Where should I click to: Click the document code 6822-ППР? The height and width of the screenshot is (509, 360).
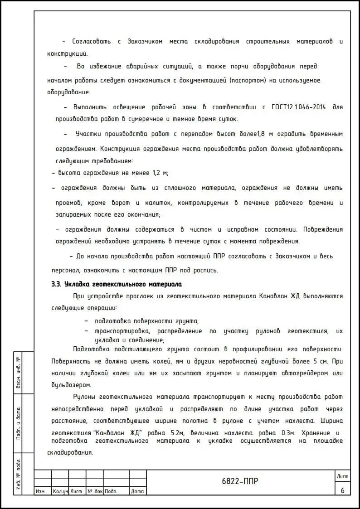click(x=240, y=481)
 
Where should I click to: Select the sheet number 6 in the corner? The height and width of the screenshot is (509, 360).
click(x=342, y=490)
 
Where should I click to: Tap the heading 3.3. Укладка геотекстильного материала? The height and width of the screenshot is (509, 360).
click(x=117, y=285)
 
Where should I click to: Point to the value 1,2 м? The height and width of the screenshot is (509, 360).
click(x=158, y=173)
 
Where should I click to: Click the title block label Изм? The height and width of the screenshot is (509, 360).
click(x=40, y=491)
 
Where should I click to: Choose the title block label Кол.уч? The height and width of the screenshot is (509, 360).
click(x=60, y=491)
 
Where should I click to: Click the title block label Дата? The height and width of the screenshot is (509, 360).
click(x=137, y=491)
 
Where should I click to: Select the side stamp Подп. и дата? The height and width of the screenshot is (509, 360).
click(x=18, y=424)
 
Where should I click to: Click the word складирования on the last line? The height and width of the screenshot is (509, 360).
click(x=70, y=452)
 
